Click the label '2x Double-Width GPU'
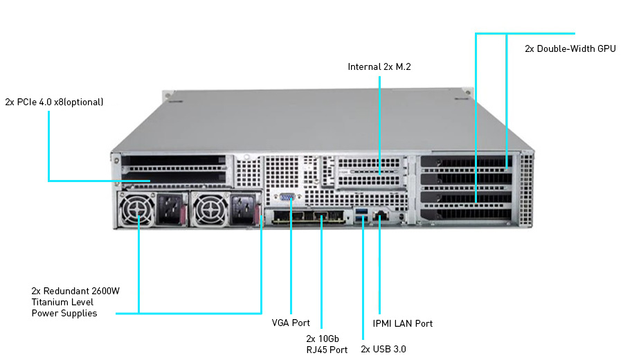[570, 49]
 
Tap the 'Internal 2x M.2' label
[379, 67]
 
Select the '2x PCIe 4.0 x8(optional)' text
[54, 102]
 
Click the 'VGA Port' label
[291, 323]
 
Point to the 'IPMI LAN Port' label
[402, 323]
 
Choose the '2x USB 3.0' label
[383, 349]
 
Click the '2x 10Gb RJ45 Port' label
[327, 344]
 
